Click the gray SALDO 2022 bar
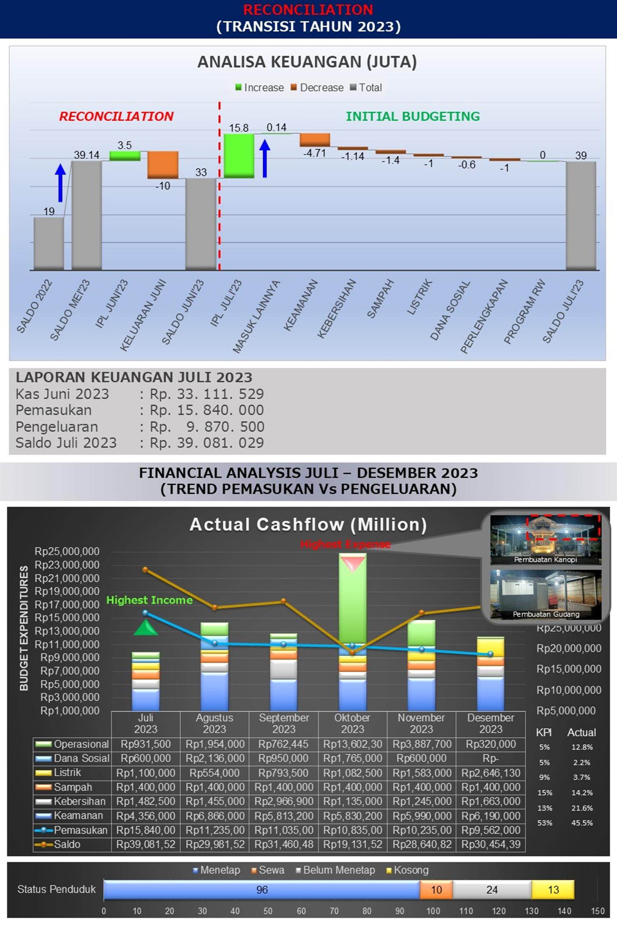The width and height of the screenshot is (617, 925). (x=49, y=243)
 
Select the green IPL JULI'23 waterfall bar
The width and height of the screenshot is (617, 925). (x=239, y=156)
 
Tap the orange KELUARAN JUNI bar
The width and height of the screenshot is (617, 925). (x=163, y=165)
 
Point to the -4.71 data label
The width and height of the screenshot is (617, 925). (x=315, y=153)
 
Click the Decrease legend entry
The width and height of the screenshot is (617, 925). (x=317, y=88)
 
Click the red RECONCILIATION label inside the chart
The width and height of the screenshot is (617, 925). (x=116, y=116)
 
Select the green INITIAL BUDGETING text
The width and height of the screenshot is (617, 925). (x=413, y=116)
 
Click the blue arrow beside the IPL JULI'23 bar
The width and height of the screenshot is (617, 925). (x=265, y=159)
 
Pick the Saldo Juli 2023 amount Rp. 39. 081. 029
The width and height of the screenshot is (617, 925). (x=206, y=443)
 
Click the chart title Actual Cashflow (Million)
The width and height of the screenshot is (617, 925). (x=308, y=525)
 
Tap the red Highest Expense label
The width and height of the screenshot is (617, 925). (x=345, y=544)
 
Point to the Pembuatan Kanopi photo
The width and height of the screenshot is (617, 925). (x=545, y=539)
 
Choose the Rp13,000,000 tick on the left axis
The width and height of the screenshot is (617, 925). (x=70, y=631)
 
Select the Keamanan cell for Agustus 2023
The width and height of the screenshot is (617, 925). (x=215, y=816)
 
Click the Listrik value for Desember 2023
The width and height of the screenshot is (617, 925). (x=491, y=773)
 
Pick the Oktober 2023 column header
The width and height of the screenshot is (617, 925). (x=353, y=723)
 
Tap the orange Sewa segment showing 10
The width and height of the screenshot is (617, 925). (x=436, y=890)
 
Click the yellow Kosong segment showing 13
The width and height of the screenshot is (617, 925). (x=553, y=890)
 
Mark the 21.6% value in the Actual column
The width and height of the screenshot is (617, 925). (x=582, y=808)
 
